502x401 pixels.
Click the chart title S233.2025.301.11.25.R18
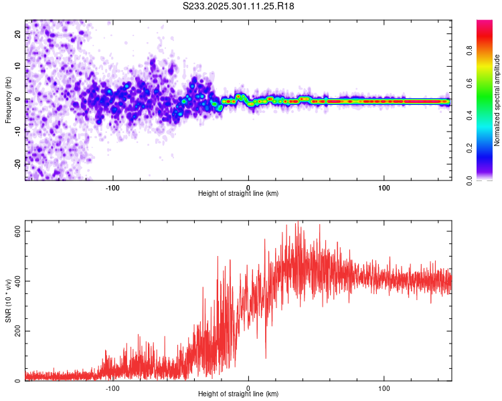tap(238, 6)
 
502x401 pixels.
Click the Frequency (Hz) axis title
tap(8, 100)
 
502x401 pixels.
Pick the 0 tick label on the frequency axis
tap(19, 100)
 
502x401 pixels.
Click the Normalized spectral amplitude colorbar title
tap(497, 100)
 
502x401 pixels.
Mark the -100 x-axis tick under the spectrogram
tap(112, 186)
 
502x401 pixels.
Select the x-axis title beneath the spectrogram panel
tap(238, 194)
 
